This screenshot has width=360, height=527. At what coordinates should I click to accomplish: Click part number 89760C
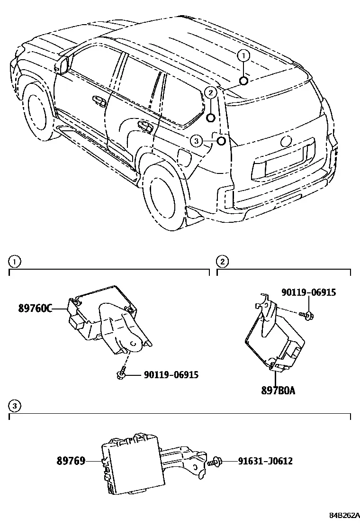click(x=35, y=308)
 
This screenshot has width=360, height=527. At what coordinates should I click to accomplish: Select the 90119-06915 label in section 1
click(x=171, y=374)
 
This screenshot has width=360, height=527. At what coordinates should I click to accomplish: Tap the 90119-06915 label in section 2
click(x=308, y=292)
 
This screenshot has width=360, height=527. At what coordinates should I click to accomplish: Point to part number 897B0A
click(x=278, y=391)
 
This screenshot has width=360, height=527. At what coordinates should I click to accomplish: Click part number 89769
click(x=71, y=461)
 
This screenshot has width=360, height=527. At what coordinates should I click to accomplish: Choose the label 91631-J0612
click(x=265, y=461)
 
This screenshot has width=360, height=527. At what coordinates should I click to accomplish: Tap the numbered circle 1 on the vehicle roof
click(x=244, y=56)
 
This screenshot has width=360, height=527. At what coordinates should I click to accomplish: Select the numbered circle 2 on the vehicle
click(x=211, y=93)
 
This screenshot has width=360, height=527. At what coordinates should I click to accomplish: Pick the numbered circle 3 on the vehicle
click(x=197, y=141)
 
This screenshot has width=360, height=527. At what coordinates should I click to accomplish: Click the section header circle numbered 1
click(x=14, y=261)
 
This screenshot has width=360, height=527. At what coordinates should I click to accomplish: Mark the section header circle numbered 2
click(x=222, y=261)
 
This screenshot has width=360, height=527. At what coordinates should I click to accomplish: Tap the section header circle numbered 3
click(x=14, y=406)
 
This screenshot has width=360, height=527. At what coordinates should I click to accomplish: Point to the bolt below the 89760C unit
click(x=121, y=375)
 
